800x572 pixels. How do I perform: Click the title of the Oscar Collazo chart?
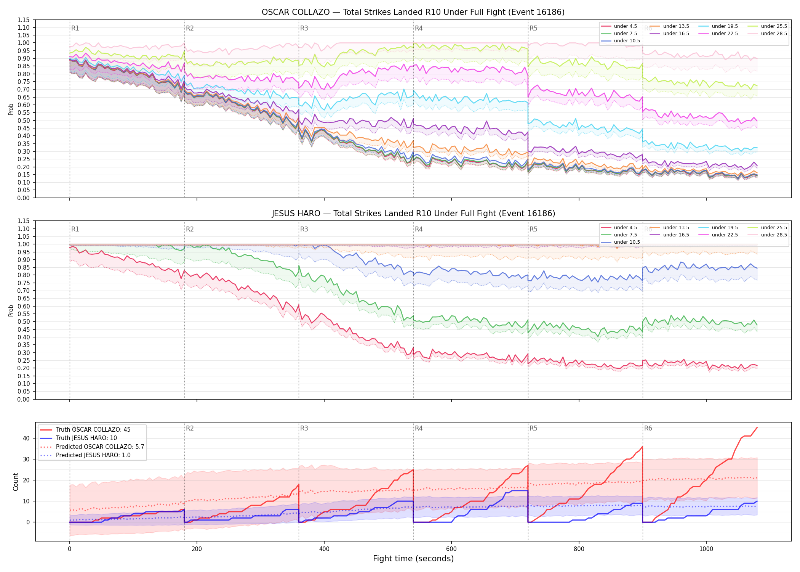point(413,12)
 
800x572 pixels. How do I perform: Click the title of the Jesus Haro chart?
point(413,214)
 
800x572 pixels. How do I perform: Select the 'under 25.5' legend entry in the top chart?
point(767,26)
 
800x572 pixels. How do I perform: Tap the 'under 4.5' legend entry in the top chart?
point(619,26)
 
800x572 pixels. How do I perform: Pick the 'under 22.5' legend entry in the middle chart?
point(718,235)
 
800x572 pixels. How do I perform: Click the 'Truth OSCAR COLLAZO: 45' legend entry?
point(85,429)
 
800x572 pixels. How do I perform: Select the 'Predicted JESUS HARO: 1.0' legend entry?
point(85,455)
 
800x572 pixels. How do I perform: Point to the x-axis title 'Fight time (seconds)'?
point(413,559)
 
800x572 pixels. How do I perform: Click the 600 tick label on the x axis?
point(451,549)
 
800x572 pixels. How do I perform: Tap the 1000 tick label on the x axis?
point(706,549)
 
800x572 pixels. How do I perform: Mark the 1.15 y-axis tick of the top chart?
point(23,20)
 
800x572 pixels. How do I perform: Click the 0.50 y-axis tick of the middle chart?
point(23,321)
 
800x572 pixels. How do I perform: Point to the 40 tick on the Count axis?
point(26,438)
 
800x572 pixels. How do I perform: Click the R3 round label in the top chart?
point(304,28)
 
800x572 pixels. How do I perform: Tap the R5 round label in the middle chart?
point(533,229)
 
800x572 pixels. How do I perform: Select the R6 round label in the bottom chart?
point(648,428)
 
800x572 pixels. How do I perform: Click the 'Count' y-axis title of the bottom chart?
point(16,482)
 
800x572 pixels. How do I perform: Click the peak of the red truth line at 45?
point(757,427)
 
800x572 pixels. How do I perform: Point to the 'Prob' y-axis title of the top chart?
point(11,109)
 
